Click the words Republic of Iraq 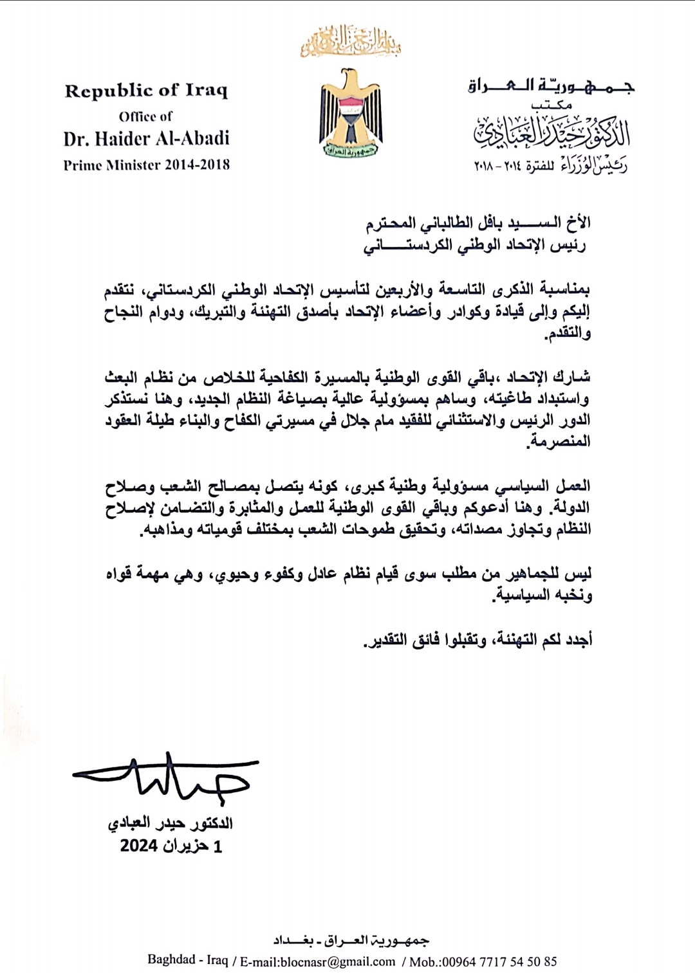pyautogui.click(x=146, y=91)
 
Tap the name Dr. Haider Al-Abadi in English pyautogui.click(x=146, y=138)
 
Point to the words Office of pyautogui.click(x=145, y=116)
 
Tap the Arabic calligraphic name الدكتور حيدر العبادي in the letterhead pyautogui.click(x=552, y=132)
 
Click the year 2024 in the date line pyautogui.click(x=139, y=846)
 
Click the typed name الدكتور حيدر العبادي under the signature pyautogui.click(x=171, y=823)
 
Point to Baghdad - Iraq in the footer pyautogui.click(x=187, y=960)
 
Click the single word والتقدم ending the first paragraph pyautogui.click(x=568, y=334)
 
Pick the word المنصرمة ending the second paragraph pyautogui.click(x=559, y=442)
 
